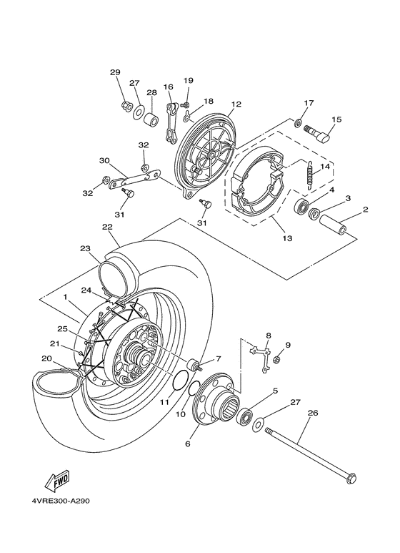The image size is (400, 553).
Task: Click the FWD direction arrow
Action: click(x=58, y=481)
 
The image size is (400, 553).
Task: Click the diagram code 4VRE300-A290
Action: click(x=59, y=501)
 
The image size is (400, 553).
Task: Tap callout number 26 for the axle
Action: click(x=313, y=413)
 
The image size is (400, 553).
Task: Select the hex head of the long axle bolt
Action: click(x=351, y=479)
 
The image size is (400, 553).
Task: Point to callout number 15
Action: click(x=336, y=119)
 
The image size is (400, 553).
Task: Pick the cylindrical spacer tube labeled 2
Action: click(x=333, y=225)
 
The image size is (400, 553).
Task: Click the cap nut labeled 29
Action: click(x=125, y=104)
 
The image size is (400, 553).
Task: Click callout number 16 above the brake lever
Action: click(x=169, y=87)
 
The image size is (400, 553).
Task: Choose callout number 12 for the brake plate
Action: click(x=236, y=104)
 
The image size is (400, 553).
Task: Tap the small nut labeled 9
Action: click(x=277, y=360)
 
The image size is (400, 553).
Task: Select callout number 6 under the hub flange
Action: click(x=187, y=444)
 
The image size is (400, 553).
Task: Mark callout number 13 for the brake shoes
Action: click(x=287, y=238)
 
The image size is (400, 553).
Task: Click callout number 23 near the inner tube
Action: click(x=85, y=249)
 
